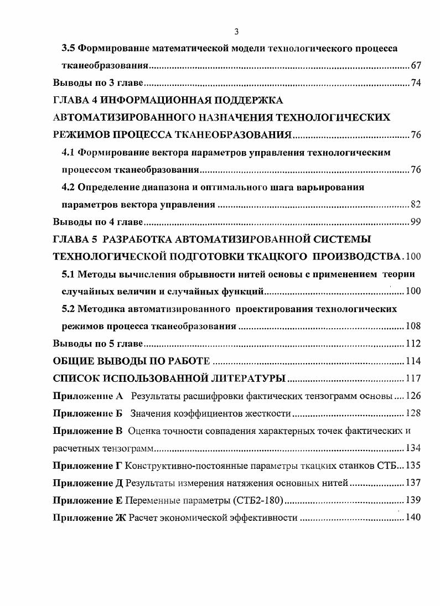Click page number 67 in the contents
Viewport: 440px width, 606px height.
(416, 66)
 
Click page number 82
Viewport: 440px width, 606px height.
(416, 204)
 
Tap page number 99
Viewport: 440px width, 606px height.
(416, 222)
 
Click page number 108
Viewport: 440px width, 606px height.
(413, 326)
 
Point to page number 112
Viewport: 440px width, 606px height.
(413, 343)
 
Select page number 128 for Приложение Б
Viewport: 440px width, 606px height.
(413, 413)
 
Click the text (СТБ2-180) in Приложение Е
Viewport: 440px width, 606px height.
(255, 500)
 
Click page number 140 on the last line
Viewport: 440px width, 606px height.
(413, 518)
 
